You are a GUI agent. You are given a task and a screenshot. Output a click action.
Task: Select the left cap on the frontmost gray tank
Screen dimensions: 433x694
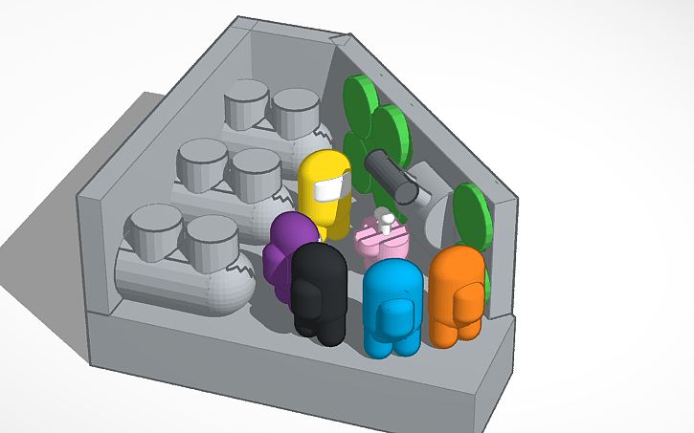point(153,230)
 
